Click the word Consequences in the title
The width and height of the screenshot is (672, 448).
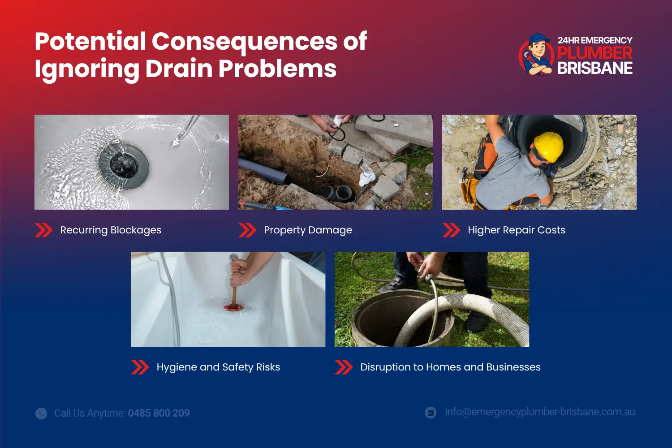[245, 41]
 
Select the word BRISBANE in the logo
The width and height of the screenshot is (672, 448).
[594, 69]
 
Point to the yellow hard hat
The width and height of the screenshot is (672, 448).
[548, 146]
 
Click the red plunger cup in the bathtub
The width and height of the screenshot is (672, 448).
[234, 307]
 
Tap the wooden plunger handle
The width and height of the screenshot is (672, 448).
[234, 293]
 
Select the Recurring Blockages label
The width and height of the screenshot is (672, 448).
[111, 230]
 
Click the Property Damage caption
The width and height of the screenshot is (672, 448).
[308, 230]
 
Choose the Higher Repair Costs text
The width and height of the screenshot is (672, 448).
[516, 230]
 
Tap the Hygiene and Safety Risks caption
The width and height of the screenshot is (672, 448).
[218, 367]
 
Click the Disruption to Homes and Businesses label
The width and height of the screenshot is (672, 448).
[450, 367]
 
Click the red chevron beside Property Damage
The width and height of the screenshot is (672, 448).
[247, 230]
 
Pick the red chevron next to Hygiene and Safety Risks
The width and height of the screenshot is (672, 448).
[140, 367]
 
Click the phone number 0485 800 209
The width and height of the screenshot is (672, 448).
[159, 413]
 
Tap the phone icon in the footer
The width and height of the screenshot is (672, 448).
[41, 413]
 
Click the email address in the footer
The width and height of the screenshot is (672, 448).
[539, 412]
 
